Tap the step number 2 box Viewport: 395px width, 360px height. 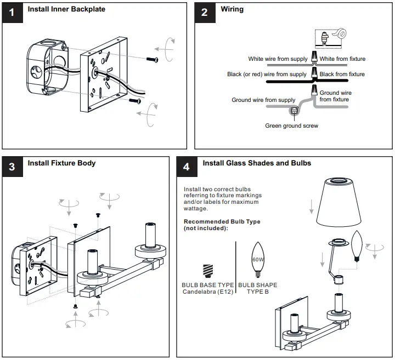[204, 12]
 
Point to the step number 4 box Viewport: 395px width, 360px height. [186, 166]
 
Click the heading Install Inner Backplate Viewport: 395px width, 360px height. [66, 9]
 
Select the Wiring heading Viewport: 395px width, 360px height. [232, 9]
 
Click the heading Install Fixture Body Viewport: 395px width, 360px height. [61, 163]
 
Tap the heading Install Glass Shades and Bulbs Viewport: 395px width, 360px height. [257, 163]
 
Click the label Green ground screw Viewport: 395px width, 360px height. [291, 125]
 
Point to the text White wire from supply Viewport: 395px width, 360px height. [277, 59]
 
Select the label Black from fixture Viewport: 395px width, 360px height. [342, 74]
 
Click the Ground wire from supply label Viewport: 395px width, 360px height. [263, 100]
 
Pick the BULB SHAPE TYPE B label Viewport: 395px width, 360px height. [257, 288]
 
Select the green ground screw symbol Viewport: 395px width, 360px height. [294, 111]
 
